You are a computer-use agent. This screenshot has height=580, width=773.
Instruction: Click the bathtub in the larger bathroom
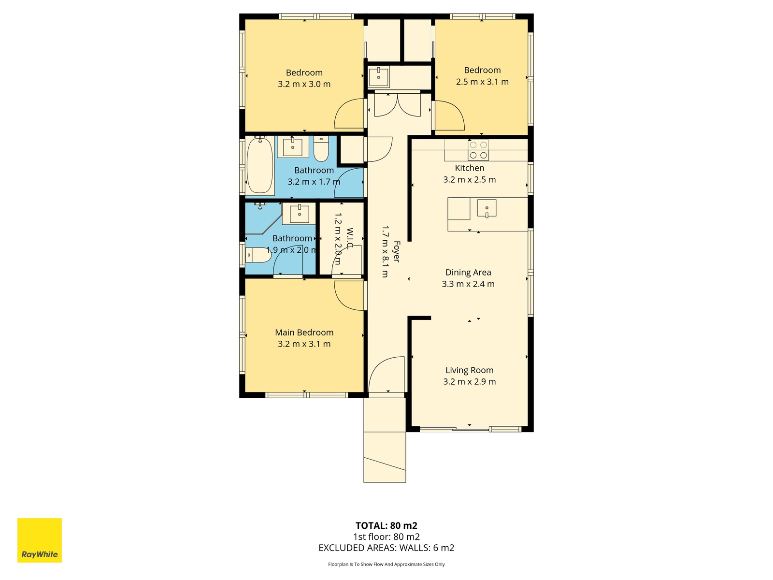click(260, 165)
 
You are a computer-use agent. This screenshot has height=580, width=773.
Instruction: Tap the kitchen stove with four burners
click(478, 150)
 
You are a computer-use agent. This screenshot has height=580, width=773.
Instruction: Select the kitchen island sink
click(487, 208)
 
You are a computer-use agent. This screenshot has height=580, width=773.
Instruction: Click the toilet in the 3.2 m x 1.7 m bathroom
click(321, 149)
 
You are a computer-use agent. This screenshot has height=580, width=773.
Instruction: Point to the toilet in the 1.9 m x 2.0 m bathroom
click(258, 255)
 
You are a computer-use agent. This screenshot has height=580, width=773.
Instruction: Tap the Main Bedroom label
click(304, 333)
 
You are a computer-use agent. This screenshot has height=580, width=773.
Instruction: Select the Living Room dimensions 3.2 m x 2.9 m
click(470, 381)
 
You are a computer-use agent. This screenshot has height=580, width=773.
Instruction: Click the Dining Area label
click(468, 272)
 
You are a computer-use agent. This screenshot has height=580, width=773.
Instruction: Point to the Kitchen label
click(470, 168)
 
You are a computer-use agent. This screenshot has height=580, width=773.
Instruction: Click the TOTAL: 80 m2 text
click(386, 526)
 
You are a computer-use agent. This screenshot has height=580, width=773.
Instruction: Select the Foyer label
click(397, 252)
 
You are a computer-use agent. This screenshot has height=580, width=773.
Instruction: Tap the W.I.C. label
click(350, 239)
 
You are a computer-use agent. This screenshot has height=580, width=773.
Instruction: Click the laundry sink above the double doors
click(379, 77)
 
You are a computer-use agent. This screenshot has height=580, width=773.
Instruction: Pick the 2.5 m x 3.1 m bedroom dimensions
click(482, 82)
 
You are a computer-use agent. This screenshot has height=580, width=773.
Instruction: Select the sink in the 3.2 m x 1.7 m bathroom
click(293, 146)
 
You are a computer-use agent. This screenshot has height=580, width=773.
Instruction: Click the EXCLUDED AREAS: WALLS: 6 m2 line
click(386, 548)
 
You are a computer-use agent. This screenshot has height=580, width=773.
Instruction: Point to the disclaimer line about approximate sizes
click(386, 564)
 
